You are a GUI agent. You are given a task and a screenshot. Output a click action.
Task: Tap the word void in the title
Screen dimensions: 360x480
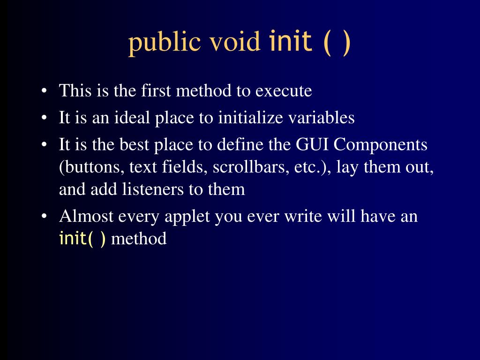coord(234,43)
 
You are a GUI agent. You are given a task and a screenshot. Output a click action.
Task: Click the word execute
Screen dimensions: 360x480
coord(284,90)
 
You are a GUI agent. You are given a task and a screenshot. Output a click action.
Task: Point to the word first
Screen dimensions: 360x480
coord(156,90)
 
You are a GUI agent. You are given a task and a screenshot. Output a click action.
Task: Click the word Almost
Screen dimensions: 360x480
coord(86,217)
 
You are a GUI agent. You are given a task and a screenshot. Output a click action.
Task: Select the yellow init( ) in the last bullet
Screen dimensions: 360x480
coord(82,239)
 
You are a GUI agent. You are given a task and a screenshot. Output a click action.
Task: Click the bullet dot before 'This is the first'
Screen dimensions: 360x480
coord(44,91)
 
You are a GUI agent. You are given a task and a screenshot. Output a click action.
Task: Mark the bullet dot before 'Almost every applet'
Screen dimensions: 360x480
coord(44,217)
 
